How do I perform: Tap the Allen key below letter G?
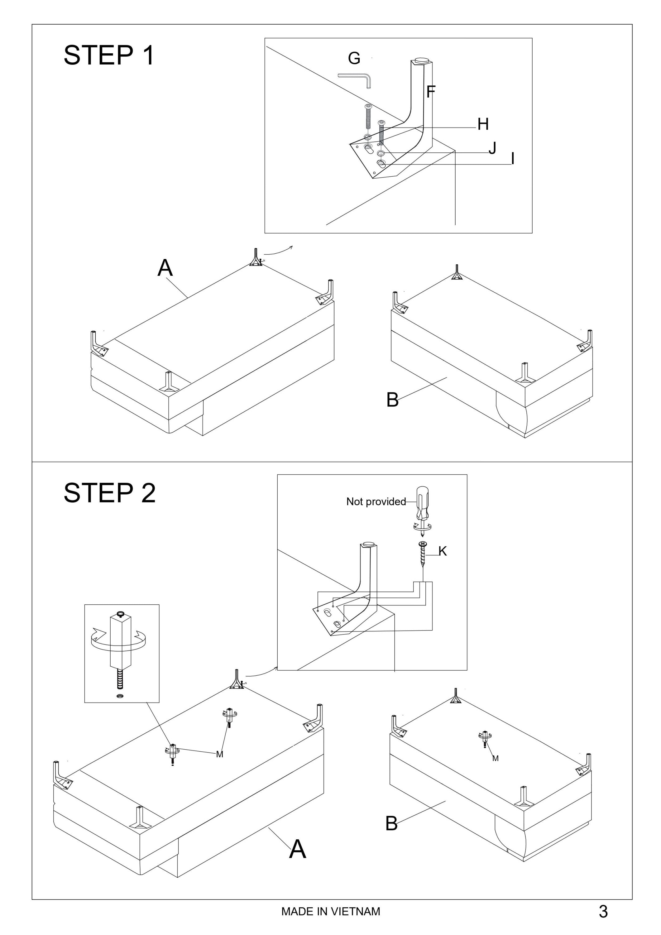coord(355,79)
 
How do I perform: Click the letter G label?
coord(354,58)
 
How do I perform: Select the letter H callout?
coord(483,124)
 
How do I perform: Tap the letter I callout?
coord(513,159)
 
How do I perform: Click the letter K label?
coord(443,551)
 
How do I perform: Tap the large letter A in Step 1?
coord(165,268)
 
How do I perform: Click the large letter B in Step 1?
coord(392,400)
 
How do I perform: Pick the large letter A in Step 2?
coord(297,850)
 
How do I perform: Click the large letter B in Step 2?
coord(391,823)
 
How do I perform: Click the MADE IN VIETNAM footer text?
coord(331,911)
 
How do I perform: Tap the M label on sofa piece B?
coord(495,758)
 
